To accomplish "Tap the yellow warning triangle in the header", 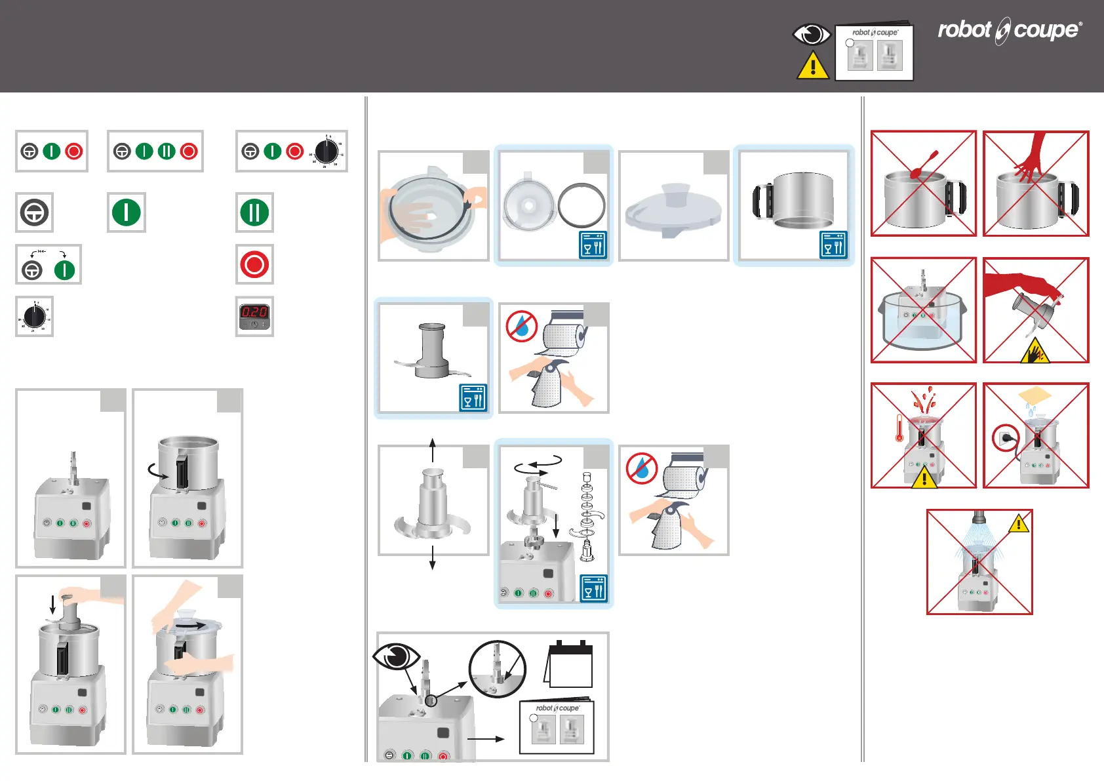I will click(812, 66).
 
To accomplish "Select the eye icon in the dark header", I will click(812, 34).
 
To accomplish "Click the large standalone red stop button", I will click(254, 264).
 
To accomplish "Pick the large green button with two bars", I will click(254, 212).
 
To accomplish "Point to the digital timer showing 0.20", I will click(254, 317).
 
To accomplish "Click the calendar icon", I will click(569, 664).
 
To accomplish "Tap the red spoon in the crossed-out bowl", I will click(923, 165).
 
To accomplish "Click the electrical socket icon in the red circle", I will click(1005, 437).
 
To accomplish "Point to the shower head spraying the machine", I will click(979, 517).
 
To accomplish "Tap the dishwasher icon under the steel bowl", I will click(833, 245).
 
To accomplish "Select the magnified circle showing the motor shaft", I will click(498, 669).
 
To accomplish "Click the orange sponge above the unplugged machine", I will click(1035, 395).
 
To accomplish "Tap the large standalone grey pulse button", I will click(34, 212).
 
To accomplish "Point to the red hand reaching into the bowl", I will click(1032, 158).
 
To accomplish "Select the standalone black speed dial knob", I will click(34, 317).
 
